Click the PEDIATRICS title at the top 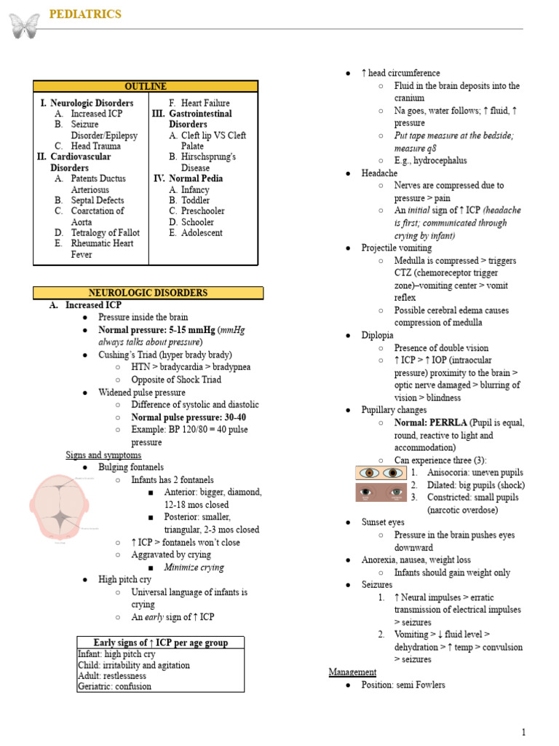point(84,15)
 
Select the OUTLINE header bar point(145,87)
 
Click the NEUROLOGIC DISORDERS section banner point(148,293)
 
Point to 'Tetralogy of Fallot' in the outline point(105,233)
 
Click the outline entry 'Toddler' point(195,200)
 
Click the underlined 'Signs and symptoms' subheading point(103,455)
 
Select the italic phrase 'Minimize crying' point(194,568)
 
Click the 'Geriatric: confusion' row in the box point(115,686)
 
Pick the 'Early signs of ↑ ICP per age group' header point(160,643)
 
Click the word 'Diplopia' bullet point(377,335)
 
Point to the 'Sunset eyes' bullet point(383,522)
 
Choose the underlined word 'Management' point(352,672)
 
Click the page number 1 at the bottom point(523,732)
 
